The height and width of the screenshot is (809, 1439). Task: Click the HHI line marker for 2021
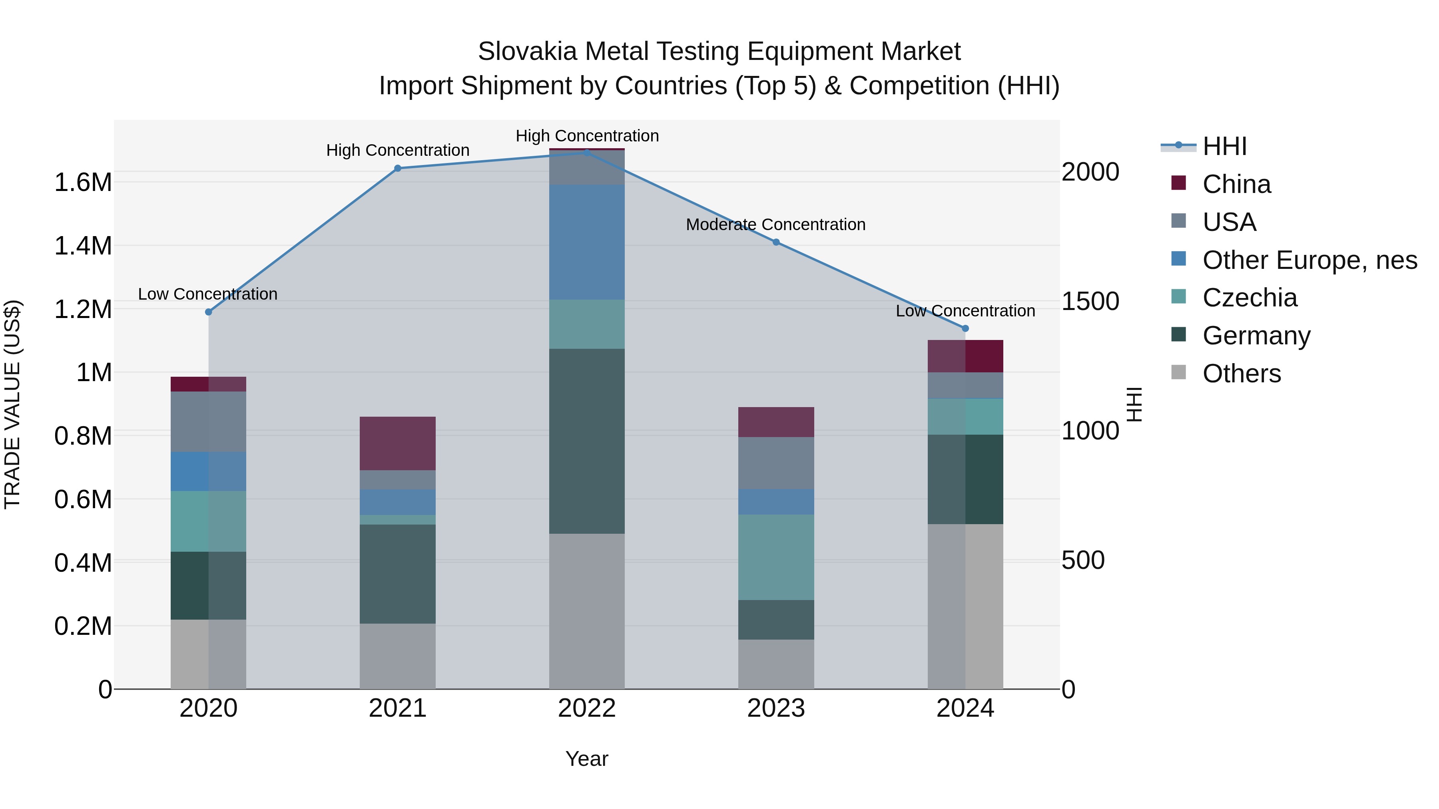click(x=398, y=168)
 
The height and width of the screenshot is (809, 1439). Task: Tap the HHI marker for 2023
click(x=776, y=243)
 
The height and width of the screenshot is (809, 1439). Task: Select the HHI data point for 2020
click(x=208, y=312)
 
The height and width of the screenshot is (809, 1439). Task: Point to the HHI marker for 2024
click(x=965, y=328)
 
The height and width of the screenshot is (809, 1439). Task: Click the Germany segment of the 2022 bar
click(x=586, y=441)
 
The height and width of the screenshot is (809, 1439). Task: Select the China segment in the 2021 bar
click(x=397, y=443)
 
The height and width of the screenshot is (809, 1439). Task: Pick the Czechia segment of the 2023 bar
click(x=776, y=557)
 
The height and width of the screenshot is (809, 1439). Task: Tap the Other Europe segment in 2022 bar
click(x=586, y=243)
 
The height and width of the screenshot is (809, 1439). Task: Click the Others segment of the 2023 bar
click(x=776, y=664)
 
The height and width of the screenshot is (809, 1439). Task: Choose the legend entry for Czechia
click(x=1250, y=298)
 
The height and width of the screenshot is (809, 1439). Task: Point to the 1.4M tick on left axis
click(x=83, y=246)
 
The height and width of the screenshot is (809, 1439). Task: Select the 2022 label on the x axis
click(x=586, y=708)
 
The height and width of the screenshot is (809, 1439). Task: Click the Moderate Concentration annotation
click(x=775, y=225)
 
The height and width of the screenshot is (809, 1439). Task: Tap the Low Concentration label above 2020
click(x=208, y=294)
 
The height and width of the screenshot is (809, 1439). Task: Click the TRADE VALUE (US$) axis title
click(x=12, y=404)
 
